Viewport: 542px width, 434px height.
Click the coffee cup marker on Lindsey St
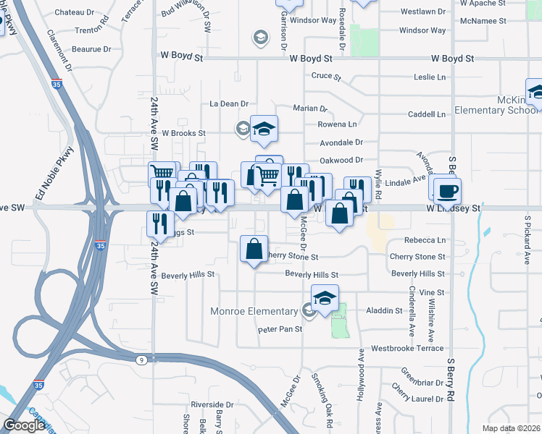coord(447,190)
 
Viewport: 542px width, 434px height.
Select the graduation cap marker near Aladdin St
coord(325,297)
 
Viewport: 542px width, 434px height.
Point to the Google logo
coord(24,425)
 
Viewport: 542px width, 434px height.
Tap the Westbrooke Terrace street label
coord(406,348)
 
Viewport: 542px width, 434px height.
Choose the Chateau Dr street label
coord(70,12)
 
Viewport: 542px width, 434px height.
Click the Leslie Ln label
coord(430,77)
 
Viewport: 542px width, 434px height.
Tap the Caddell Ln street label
coord(426,114)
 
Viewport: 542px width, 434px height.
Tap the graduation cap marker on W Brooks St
coord(264,128)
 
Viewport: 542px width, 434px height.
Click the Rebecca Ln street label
coord(425,240)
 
